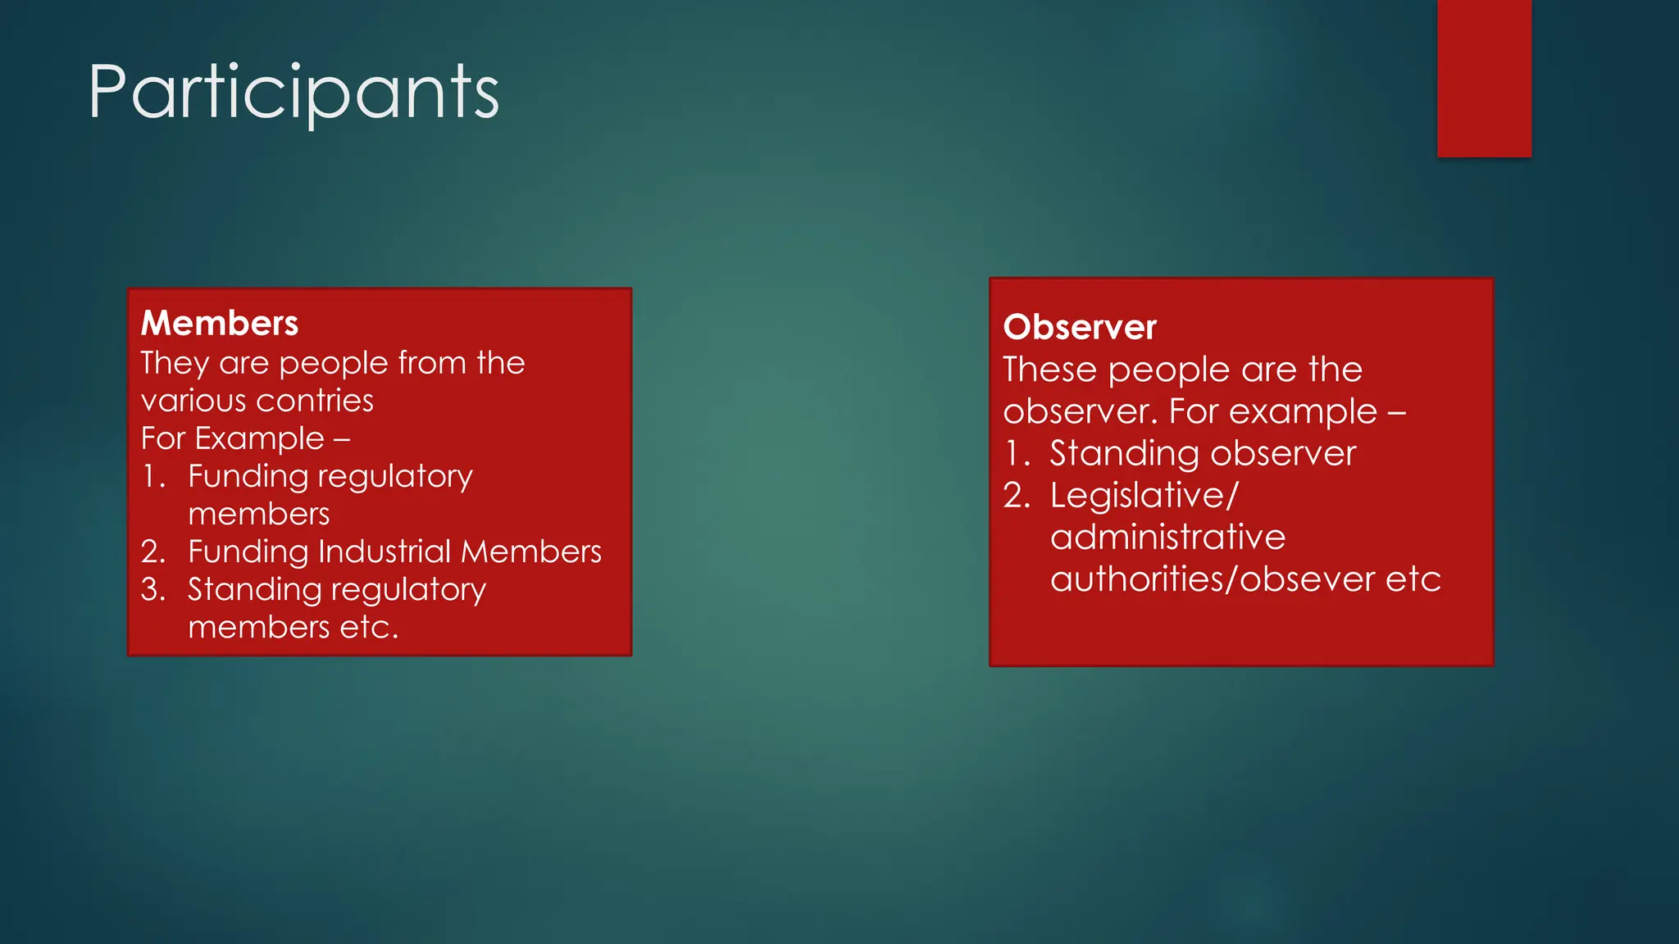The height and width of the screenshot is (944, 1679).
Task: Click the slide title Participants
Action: point(293,92)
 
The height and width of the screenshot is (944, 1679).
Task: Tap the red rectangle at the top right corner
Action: point(1484,78)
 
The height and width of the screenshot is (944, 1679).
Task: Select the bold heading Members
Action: point(220,323)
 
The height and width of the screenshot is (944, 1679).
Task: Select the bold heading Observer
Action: point(1080,327)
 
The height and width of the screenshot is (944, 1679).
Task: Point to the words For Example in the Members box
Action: point(233,438)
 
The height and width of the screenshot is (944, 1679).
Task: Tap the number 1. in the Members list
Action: point(153,476)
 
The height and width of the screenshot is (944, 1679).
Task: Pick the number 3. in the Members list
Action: point(153,589)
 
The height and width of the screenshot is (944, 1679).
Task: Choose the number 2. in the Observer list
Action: point(1017,495)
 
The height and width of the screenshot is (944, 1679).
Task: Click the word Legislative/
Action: point(1144,495)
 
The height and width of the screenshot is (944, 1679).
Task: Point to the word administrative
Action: point(1168,537)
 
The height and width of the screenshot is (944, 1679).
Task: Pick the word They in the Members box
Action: point(174,363)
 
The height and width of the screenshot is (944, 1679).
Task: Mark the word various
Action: point(193,401)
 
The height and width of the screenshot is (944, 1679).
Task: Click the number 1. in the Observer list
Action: point(1017,453)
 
